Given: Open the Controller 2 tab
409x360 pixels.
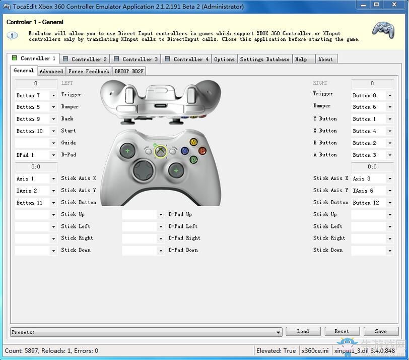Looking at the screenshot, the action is (85, 59).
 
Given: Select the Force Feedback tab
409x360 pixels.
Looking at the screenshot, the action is (89, 71).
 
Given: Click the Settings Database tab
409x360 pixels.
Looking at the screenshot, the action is (265, 59).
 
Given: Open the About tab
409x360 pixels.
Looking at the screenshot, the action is (325, 59).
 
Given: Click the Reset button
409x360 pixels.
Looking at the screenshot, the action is (342, 331).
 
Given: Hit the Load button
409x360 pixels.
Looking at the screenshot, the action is (303, 331).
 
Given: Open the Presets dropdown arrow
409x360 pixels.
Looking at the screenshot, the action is (279, 332).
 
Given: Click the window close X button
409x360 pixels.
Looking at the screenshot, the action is (394, 5).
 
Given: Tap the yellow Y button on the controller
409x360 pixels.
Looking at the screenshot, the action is (193, 142).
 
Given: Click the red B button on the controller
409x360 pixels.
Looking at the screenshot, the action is (202, 151).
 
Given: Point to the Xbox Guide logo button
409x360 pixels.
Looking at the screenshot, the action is (160, 151).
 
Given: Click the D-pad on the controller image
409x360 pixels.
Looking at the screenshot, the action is (143, 170).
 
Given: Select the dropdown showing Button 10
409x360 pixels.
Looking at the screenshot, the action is (36, 131).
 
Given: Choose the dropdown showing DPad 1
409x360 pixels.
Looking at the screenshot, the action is (36, 155).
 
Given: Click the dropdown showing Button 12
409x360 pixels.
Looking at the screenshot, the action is (372, 203).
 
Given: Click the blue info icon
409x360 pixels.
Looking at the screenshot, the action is (12, 35).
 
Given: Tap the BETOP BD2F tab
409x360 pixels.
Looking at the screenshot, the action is (129, 71).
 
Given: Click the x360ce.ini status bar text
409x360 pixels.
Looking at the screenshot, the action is (315, 350).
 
